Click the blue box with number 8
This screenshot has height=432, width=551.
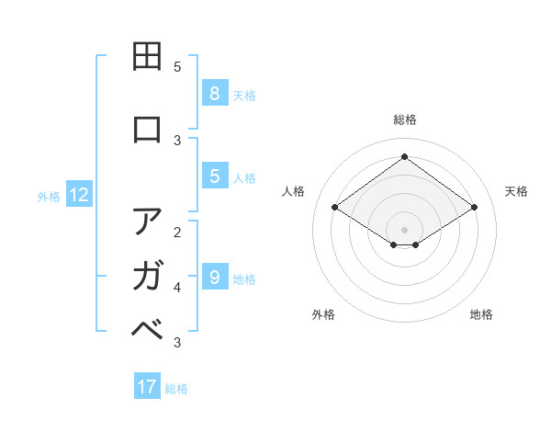[214, 93]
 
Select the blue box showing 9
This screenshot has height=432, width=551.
[214, 277]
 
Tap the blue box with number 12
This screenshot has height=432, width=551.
[79, 195]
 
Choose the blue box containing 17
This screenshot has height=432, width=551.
[147, 387]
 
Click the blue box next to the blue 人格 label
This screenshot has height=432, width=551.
[214, 176]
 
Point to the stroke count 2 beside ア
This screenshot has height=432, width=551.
[177, 232]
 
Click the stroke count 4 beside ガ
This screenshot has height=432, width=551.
[177, 287]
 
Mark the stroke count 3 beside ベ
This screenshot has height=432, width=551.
[177, 343]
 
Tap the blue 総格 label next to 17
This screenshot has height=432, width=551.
[176, 389]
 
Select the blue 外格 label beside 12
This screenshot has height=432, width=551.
[49, 196]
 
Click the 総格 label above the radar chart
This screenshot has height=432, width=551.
[404, 119]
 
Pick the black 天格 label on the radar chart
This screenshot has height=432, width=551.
[516, 191]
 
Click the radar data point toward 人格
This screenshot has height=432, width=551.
[335, 208]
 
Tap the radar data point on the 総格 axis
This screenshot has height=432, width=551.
[404, 156]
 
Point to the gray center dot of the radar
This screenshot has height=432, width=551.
[404, 229]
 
